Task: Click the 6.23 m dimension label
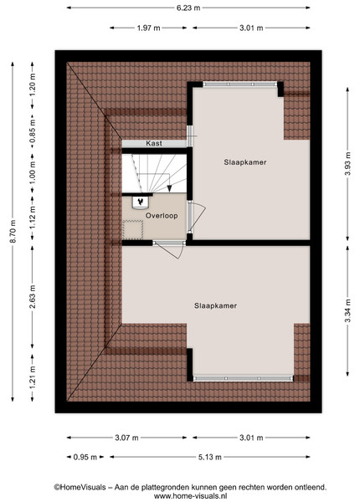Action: coord(188,8)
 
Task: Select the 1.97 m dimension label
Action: coord(149,28)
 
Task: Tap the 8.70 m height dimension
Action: coord(13,232)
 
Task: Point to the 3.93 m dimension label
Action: coord(347,164)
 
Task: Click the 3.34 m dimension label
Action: coord(347,310)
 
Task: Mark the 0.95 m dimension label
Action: coord(85,457)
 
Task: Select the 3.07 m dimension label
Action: coord(126,438)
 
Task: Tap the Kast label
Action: coord(154,143)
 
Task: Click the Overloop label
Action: coord(162,216)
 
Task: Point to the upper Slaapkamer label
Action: coord(245,162)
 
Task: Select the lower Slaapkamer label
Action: coord(215,305)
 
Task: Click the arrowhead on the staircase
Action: coord(170,189)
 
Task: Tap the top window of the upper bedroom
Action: coord(240,85)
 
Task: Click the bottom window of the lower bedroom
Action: coord(243,378)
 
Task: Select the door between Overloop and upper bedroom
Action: coord(195,217)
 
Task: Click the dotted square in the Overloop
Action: coord(132,229)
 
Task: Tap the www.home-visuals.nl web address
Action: coord(191,496)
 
